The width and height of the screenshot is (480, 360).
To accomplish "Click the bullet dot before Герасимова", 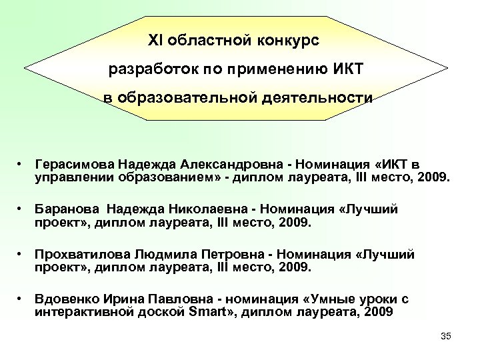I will [x=22, y=163].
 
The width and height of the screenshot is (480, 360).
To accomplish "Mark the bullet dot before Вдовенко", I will [x=22, y=300].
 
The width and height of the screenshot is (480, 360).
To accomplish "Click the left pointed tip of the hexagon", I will [x=25, y=67].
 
